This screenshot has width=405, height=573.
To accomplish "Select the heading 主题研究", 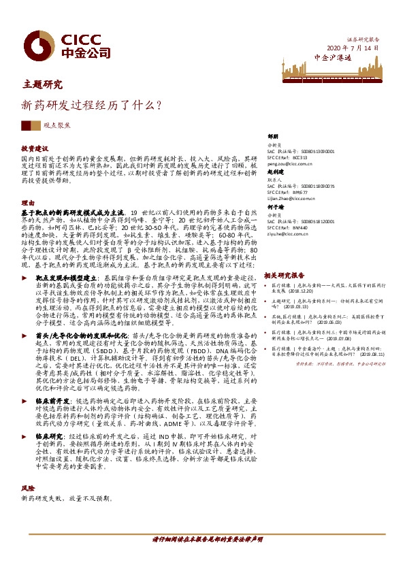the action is pos(42,85).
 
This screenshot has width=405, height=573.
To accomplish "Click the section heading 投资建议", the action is pos(35,148).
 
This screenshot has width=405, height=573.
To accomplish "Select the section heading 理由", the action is pos(28,203).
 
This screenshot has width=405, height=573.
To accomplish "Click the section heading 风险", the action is pos(27,527).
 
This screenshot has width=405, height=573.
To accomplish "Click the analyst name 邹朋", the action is pos(274,136).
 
